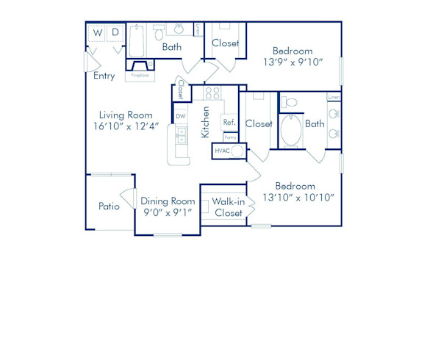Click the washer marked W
click(x=97, y=33)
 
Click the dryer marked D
click(x=115, y=33)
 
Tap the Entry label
click(x=104, y=75)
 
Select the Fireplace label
click(x=140, y=75)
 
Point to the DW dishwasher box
click(x=181, y=116)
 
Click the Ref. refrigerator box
click(x=229, y=123)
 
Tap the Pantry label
click(x=230, y=137)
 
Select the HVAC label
click(x=223, y=150)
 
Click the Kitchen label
click(x=207, y=123)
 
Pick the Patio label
click(x=109, y=206)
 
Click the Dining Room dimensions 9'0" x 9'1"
click(x=168, y=212)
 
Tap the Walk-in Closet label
click(x=229, y=206)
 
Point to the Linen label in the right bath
click(x=334, y=97)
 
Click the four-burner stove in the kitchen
click(x=212, y=93)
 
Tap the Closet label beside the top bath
click(x=225, y=43)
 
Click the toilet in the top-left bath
click(x=159, y=34)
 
